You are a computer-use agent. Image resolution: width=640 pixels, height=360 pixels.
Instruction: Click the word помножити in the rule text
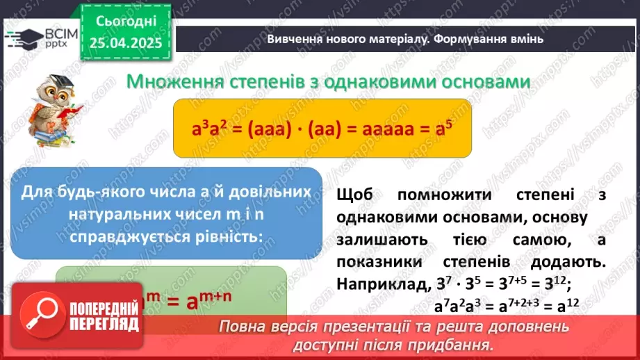tap(439, 195)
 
